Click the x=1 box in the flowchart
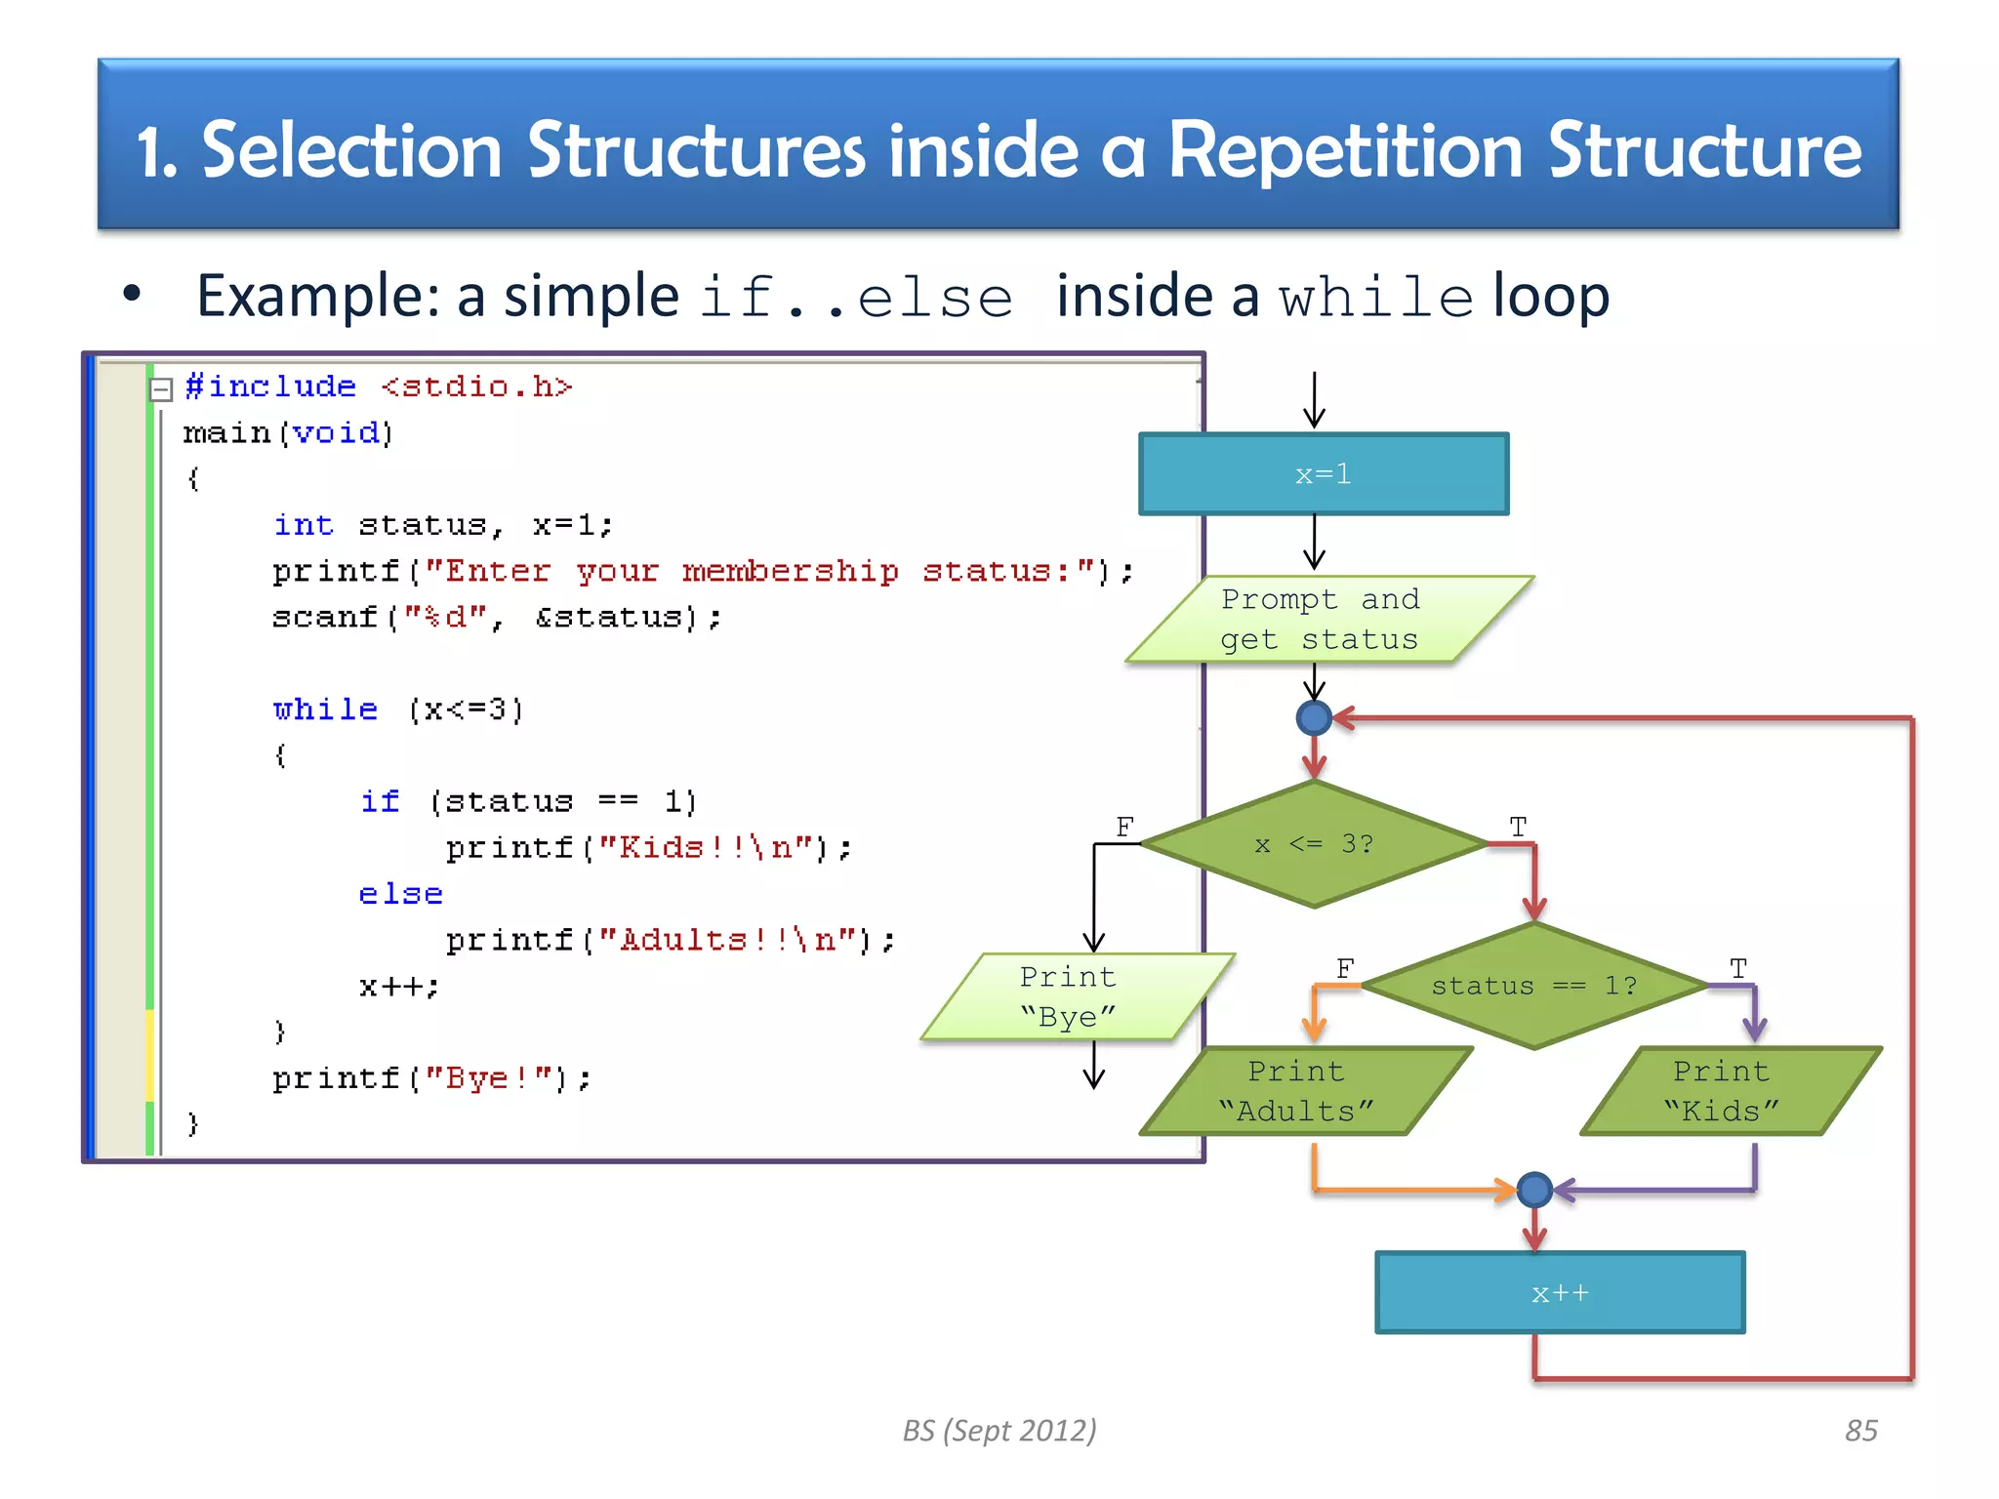1323,474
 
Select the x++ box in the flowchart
1559,1293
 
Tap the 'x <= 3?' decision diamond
1314,844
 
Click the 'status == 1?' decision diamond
1533,986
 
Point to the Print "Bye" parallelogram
1074,996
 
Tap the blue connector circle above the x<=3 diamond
1314,718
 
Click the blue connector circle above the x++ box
1534,1190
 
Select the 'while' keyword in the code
325,709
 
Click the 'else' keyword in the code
400,894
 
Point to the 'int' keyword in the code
304,525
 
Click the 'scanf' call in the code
324,618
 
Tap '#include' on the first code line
270,386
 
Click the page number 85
1860,1431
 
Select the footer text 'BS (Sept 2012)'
999,1431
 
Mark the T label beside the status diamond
1738,968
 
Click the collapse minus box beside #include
161,389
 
